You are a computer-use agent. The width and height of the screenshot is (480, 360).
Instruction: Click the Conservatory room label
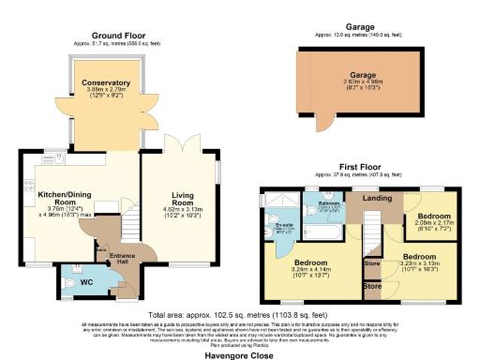104,83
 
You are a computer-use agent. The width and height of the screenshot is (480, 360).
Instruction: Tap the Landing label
378,197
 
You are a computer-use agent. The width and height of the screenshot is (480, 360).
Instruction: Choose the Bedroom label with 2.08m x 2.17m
427,216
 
